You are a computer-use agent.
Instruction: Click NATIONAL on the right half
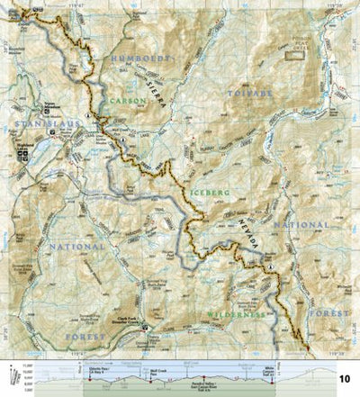(301, 225)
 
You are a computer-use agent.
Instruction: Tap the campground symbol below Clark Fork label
(144, 328)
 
